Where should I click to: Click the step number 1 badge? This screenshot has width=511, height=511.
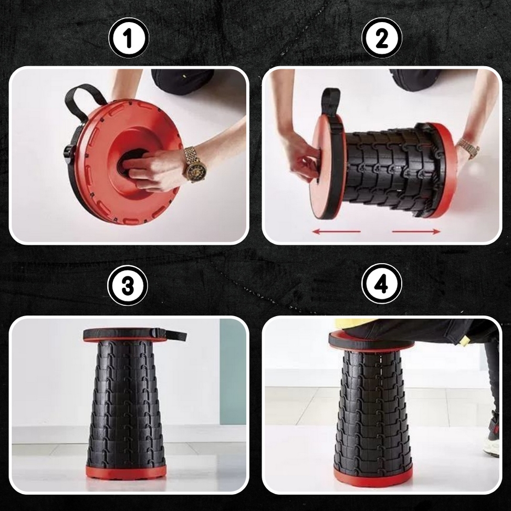point(129,38)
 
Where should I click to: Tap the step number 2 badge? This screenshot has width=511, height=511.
point(382,38)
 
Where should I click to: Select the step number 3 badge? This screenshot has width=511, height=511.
point(128,286)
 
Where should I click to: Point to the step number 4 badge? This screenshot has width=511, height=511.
point(382,284)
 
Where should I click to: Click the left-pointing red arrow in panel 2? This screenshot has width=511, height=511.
point(336,232)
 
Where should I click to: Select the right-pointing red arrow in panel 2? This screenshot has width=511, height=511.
point(416,232)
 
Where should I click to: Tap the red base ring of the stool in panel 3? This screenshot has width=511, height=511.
point(126,472)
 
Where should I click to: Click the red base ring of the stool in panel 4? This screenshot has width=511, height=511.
point(373,476)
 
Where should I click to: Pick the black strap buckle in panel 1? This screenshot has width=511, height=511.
point(69,154)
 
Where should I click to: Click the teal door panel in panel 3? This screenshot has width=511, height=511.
point(233,371)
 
